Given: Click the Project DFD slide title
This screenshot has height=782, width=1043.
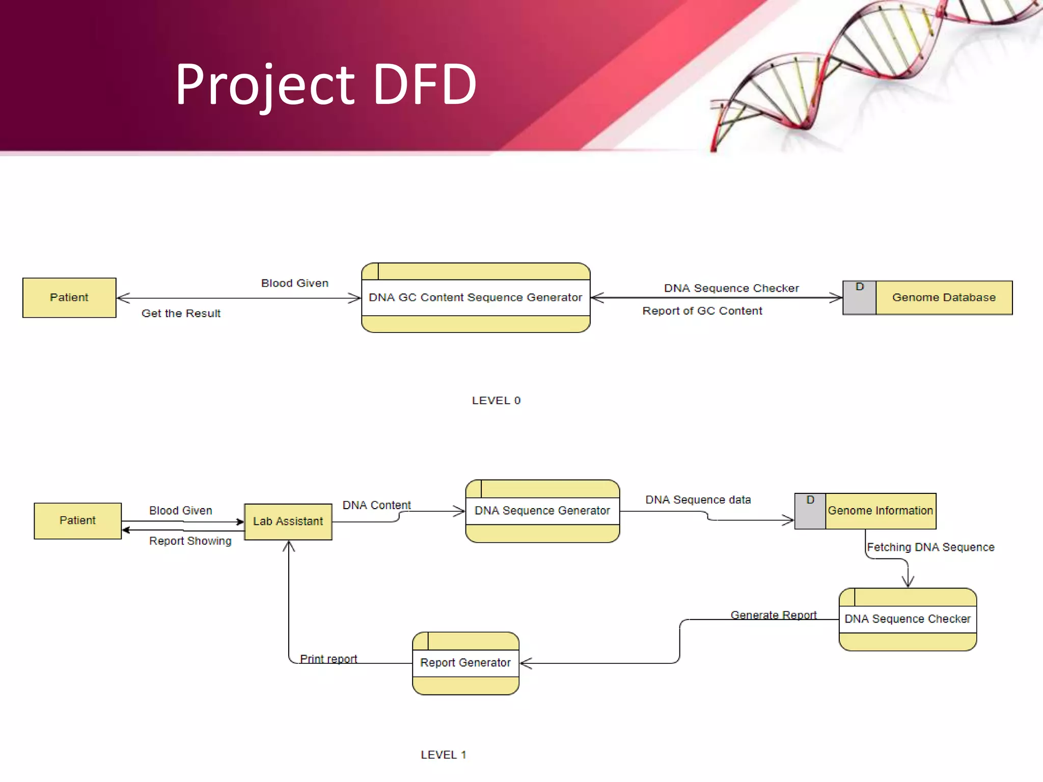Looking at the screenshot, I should (326, 85).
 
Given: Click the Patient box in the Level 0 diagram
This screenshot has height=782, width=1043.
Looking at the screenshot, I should (69, 297).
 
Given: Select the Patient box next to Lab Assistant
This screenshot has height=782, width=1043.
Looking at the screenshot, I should (77, 520).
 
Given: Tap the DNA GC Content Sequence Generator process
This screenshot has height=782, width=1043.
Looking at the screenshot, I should (475, 297).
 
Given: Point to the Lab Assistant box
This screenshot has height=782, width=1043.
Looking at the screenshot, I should (288, 521).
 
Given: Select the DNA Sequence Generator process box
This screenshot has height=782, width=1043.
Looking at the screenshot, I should (542, 511).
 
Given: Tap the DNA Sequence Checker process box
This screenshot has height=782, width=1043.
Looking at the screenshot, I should (908, 619).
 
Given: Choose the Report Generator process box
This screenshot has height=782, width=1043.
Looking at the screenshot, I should (465, 663).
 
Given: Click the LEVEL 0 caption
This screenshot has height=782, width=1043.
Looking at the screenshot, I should (496, 401).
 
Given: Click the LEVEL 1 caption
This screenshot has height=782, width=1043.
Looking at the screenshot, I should (443, 755).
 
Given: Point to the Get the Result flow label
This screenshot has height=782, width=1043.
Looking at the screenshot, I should (181, 314).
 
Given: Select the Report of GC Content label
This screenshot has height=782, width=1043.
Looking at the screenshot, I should (702, 311).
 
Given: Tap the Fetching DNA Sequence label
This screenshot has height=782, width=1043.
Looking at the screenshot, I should (930, 547).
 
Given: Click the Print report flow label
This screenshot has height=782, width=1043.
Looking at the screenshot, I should (328, 659).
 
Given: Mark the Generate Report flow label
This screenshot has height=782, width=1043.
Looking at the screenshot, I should (773, 615).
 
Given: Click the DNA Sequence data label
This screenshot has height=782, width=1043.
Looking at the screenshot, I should (698, 500).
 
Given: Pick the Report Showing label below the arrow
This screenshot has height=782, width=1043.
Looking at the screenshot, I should (190, 541).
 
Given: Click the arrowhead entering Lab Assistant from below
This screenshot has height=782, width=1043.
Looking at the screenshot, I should (289, 546).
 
